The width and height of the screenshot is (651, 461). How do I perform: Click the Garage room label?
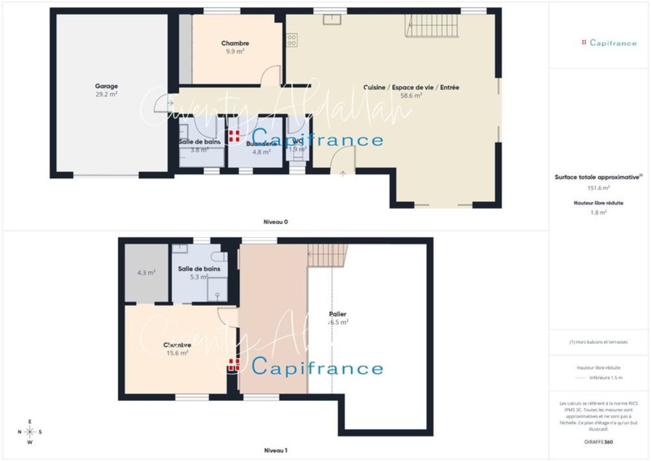[x=106, y=86]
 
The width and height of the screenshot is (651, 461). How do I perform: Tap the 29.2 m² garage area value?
[x=106, y=94]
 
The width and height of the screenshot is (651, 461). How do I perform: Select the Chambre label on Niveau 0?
[x=235, y=44]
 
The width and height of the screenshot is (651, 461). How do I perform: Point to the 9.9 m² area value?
[x=235, y=51]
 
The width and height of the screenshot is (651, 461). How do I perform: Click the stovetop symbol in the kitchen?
[x=292, y=40]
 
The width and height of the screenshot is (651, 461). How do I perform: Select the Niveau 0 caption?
[x=276, y=222]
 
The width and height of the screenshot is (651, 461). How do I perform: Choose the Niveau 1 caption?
[x=276, y=450]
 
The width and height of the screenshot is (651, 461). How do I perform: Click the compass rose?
[x=29, y=432]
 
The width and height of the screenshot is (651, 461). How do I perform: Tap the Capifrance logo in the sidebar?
[x=609, y=43]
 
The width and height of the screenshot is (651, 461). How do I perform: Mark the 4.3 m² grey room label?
[x=146, y=273]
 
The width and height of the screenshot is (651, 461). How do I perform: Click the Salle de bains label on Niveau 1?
[x=199, y=268]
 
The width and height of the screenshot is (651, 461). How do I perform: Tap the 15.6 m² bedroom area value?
[x=177, y=353]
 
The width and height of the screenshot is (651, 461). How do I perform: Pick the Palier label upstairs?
[x=338, y=314]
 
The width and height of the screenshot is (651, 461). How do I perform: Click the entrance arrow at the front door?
[x=343, y=173]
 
